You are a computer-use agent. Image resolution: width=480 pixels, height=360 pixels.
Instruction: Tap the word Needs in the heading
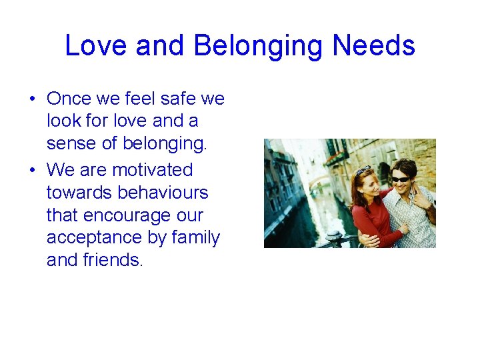click(x=373, y=46)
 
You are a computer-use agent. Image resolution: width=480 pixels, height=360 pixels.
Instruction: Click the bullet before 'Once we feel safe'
click(x=32, y=99)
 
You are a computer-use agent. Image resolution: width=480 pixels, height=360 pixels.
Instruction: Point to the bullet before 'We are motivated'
click(x=32, y=171)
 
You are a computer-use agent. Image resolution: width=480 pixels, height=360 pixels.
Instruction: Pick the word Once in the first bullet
click(x=70, y=99)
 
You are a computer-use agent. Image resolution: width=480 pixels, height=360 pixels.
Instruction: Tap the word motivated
click(x=152, y=170)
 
